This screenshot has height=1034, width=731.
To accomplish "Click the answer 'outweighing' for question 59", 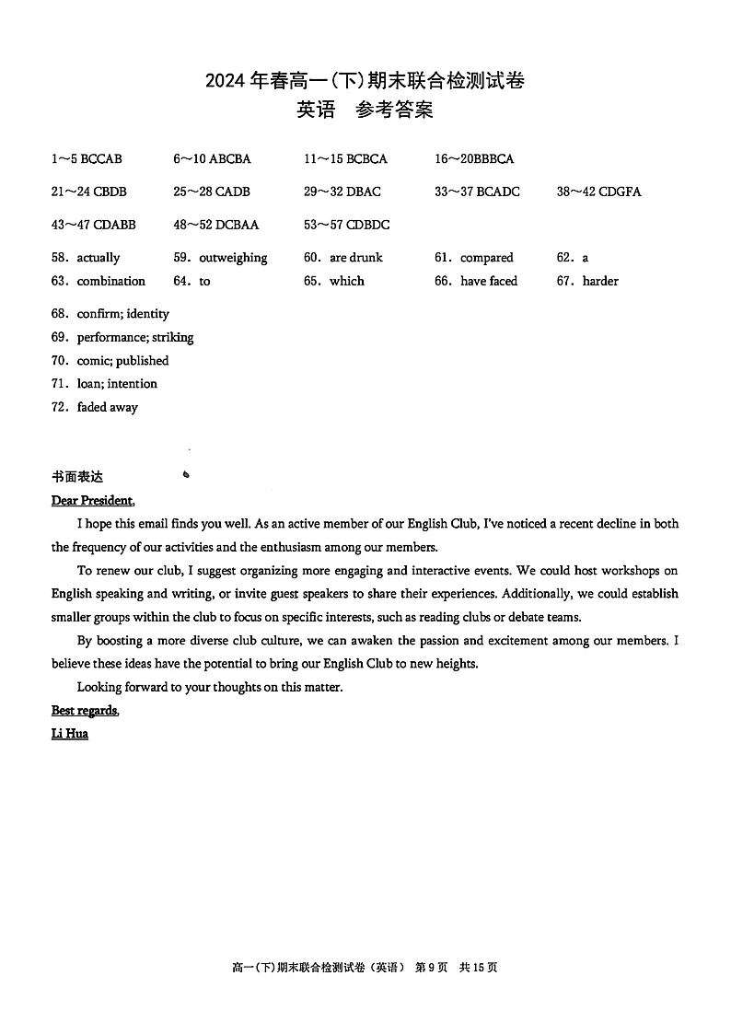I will tap(233, 258).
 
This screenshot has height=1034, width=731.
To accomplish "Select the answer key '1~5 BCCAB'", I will tap(87, 158).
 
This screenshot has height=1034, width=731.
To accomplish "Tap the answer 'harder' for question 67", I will tap(600, 281).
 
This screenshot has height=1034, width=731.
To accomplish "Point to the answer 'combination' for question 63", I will tap(110, 281).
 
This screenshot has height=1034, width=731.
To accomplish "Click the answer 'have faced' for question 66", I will tap(489, 281).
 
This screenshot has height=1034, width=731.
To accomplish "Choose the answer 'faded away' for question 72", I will tap(107, 407).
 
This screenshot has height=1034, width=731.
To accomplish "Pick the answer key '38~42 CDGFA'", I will tap(598, 192).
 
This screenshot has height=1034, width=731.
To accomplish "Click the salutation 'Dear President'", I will tap(92, 501).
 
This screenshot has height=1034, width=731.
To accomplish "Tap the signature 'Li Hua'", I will tap(70, 734).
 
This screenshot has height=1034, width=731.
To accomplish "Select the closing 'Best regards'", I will tap(85, 710).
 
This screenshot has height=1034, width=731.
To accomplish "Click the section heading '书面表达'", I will tap(77, 477).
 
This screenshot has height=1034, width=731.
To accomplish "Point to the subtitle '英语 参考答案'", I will tap(365, 110).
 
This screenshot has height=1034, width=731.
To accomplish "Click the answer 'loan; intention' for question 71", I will tap(117, 383).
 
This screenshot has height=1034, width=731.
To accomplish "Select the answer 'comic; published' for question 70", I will tap(122, 360).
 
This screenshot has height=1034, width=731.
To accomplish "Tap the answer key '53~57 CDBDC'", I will tap(347, 225).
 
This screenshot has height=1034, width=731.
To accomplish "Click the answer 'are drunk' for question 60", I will tap(355, 258).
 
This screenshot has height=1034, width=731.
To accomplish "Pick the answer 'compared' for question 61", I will tap(486, 258).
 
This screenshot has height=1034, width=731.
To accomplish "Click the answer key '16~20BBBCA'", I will tap(474, 158).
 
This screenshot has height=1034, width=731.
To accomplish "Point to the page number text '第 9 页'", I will tap(432, 968).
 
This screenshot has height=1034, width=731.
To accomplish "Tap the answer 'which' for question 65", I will tap(346, 281).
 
